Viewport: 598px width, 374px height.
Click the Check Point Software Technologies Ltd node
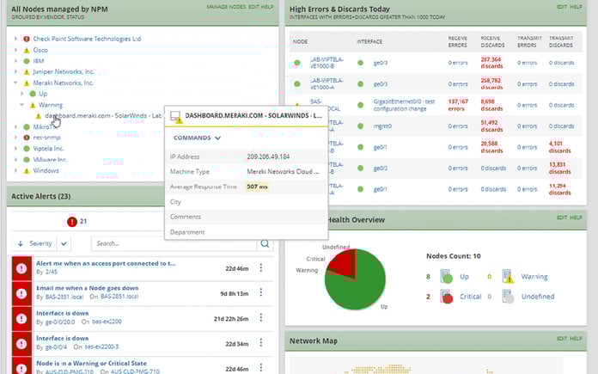coord(88,39)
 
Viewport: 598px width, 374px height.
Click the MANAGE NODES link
coord(226,7)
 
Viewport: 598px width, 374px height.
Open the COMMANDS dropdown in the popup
coord(197,138)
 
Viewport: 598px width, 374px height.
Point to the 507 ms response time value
coord(257,186)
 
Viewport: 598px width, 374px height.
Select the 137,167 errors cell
coord(465,105)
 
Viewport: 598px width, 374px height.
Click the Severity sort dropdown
coord(35,243)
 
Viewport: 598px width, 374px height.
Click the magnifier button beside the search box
coord(265,243)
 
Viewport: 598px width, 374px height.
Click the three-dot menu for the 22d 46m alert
coord(261,267)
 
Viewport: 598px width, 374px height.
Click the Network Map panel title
coord(314,341)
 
